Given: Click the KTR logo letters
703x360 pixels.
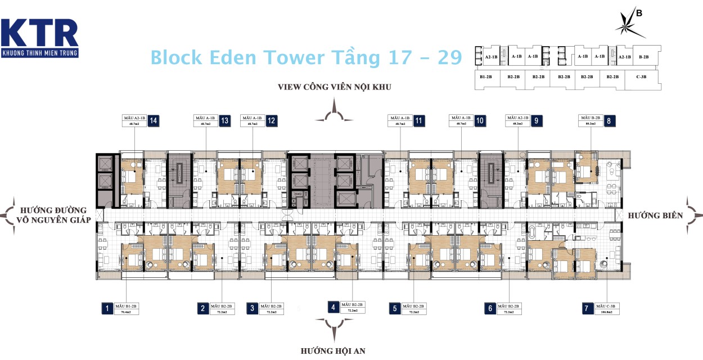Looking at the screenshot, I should (39, 33).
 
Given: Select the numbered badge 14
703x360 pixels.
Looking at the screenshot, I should (153, 120).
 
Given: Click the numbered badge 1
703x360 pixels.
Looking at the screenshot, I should (106, 308).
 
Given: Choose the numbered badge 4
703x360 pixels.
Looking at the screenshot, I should (334, 307).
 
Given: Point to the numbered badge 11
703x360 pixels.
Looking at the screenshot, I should (419, 120).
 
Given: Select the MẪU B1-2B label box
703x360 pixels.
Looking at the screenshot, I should (126, 308).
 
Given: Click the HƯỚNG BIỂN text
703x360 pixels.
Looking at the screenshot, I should (655, 215).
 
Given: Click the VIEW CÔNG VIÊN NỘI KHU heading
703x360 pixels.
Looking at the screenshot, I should (334, 87).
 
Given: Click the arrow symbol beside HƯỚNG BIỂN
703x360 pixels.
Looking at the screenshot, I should (694, 215).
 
